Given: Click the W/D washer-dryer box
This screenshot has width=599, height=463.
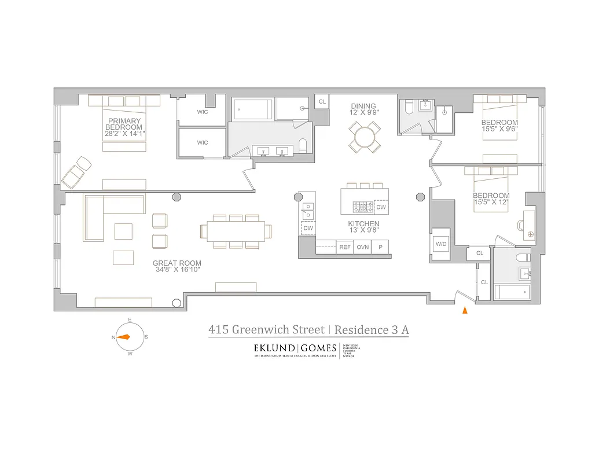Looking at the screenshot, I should pyautogui.click(x=441, y=244).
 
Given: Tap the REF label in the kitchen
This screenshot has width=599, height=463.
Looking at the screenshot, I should pyautogui.click(x=345, y=247).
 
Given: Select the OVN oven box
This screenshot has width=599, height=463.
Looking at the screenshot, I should pyautogui.click(x=362, y=247).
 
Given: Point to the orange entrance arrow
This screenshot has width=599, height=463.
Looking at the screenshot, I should pyautogui.click(x=464, y=310).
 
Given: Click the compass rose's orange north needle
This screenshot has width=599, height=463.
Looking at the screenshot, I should pyautogui.click(x=123, y=337).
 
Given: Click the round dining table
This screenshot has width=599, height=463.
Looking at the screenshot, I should pyautogui.click(x=365, y=137).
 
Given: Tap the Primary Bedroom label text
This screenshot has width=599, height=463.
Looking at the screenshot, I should pyautogui.click(x=124, y=124).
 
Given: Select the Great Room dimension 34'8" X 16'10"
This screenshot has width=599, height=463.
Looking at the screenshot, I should pyautogui.click(x=177, y=270).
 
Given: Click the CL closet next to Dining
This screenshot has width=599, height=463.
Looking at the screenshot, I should pyautogui.click(x=322, y=102).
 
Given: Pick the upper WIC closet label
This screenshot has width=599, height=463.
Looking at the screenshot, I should pyautogui.click(x=202, y=112).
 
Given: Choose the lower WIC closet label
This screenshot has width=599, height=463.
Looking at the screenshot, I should pyautogui.click(x=202, y=142).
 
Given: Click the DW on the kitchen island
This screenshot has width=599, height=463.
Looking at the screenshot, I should pyautogui.click(x=380, y=207).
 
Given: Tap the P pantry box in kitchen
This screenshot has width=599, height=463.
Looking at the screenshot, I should pyautogui.click(x=380, y=247).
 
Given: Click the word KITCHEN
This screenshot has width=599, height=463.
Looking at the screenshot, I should pyautogui.click(x=363, y=223).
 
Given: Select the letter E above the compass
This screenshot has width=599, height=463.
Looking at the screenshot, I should pyautogui.click(x=130, y=320).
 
